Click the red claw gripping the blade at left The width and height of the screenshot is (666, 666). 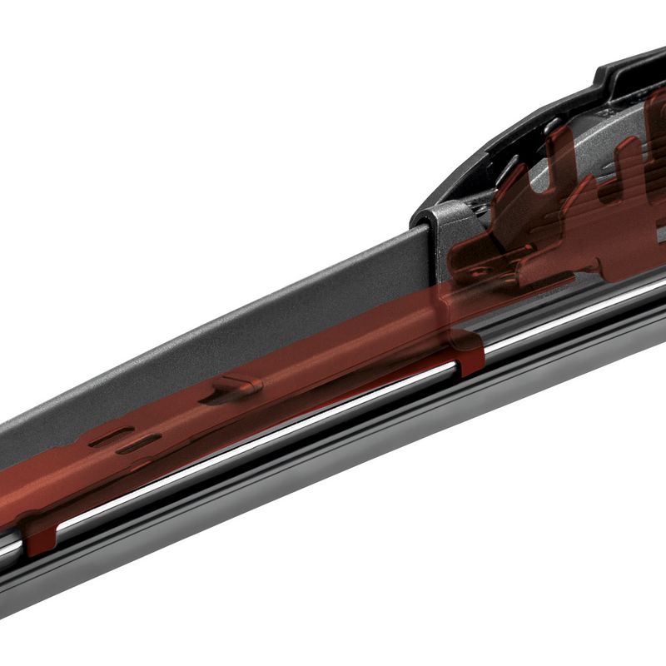(x=37, y=538)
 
